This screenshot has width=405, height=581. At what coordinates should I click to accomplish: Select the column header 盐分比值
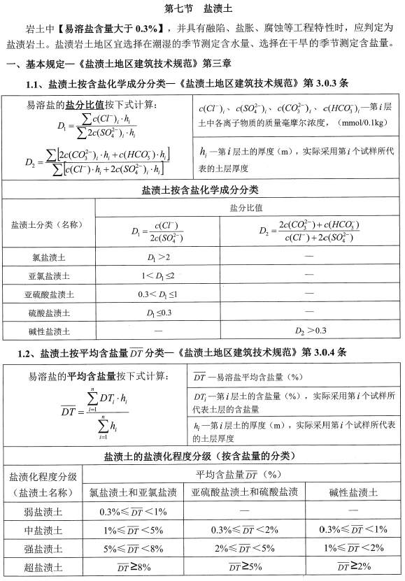pyautogui.click(x=246, y=208)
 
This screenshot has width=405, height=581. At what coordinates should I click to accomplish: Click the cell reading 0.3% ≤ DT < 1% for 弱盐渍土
pyautogui.click(x=133, y=511)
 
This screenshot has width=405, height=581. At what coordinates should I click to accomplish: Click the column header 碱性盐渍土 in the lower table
pyautogui.click(x=354, y=493)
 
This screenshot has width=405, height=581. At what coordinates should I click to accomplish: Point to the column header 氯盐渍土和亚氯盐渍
pyautogui.click(x=133, y=493)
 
